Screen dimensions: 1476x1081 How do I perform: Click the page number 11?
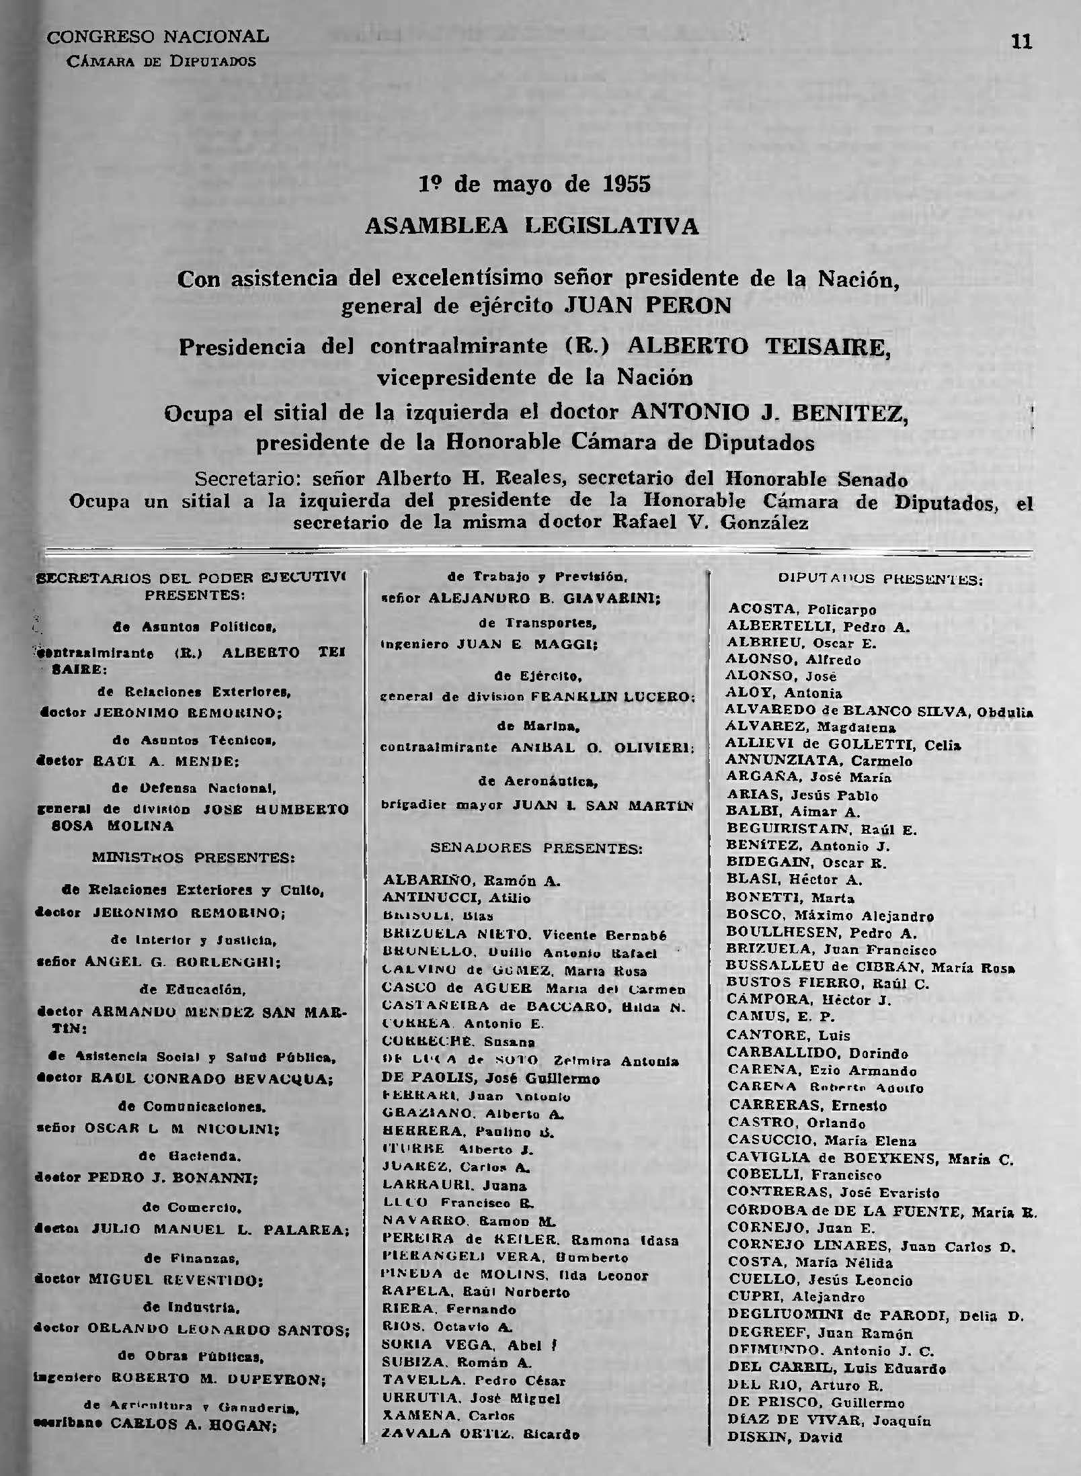coord(1020,42)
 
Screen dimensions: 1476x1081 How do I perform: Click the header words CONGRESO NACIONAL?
coord(157,36)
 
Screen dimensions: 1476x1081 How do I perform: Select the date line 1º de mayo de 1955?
coord(535,184)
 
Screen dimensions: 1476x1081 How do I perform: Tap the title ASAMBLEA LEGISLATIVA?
coord(532,226)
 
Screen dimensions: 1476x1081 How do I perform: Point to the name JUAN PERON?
coord(647,306)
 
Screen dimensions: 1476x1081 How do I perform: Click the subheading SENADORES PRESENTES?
coord(536,849)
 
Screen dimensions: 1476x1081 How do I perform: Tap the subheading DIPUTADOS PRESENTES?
coord(879,578)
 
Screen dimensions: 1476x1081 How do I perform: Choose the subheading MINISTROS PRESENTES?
coord(194,858)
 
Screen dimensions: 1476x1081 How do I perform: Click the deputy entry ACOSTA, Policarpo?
coord(802,610)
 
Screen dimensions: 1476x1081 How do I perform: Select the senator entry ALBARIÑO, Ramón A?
coord(471,880)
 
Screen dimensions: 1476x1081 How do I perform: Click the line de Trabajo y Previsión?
coord(537,576)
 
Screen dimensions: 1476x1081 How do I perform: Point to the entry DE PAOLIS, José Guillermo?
coord(491,1078)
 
